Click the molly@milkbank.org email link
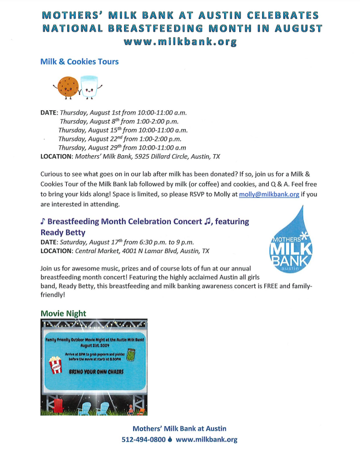tap(269, 194)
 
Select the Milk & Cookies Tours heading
tap(79, 62)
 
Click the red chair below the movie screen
tap(54, 406)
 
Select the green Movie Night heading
tap(63, 314)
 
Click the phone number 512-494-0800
tap(144, 440)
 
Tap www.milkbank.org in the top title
tap(180, 41)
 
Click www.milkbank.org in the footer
tap(206, 440)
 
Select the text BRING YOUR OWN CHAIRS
tap(93, 371)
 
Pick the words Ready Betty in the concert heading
tap(63, 232)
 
